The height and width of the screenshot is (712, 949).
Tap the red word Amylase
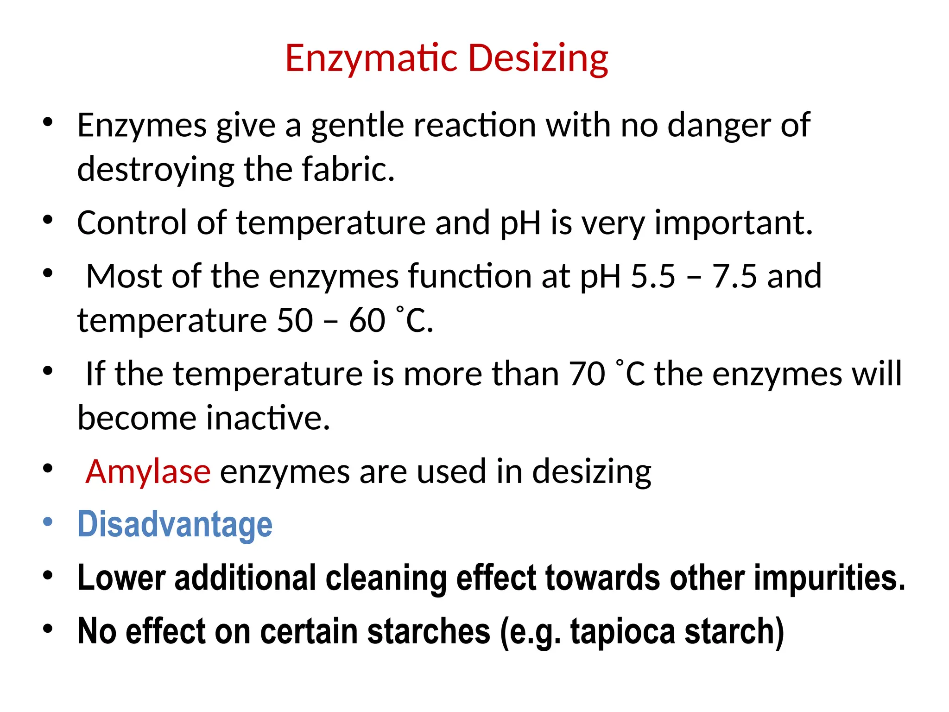pyautogui.click(x=148, y=471)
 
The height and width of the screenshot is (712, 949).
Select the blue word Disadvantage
pyautogui.click(x=175, y=524)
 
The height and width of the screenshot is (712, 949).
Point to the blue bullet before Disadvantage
pyautogui.click(x=48, y=522)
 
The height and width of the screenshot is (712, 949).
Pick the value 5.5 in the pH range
pyautogui.click(x=653, y=276)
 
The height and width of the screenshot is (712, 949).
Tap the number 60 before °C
pyautogui.click(x=367, y=320)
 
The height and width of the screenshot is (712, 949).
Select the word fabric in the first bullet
pyautogui.click(x=348, y=169)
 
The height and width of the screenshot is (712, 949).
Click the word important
pyautogui.click(x=733, y=223)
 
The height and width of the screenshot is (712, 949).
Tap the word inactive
pyautogui.click(x=268, y=418)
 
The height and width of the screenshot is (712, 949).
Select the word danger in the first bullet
pyautogui.click(x=719, y=126)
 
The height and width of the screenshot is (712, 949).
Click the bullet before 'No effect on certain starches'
pyautogui.click(x=48, y=629)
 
